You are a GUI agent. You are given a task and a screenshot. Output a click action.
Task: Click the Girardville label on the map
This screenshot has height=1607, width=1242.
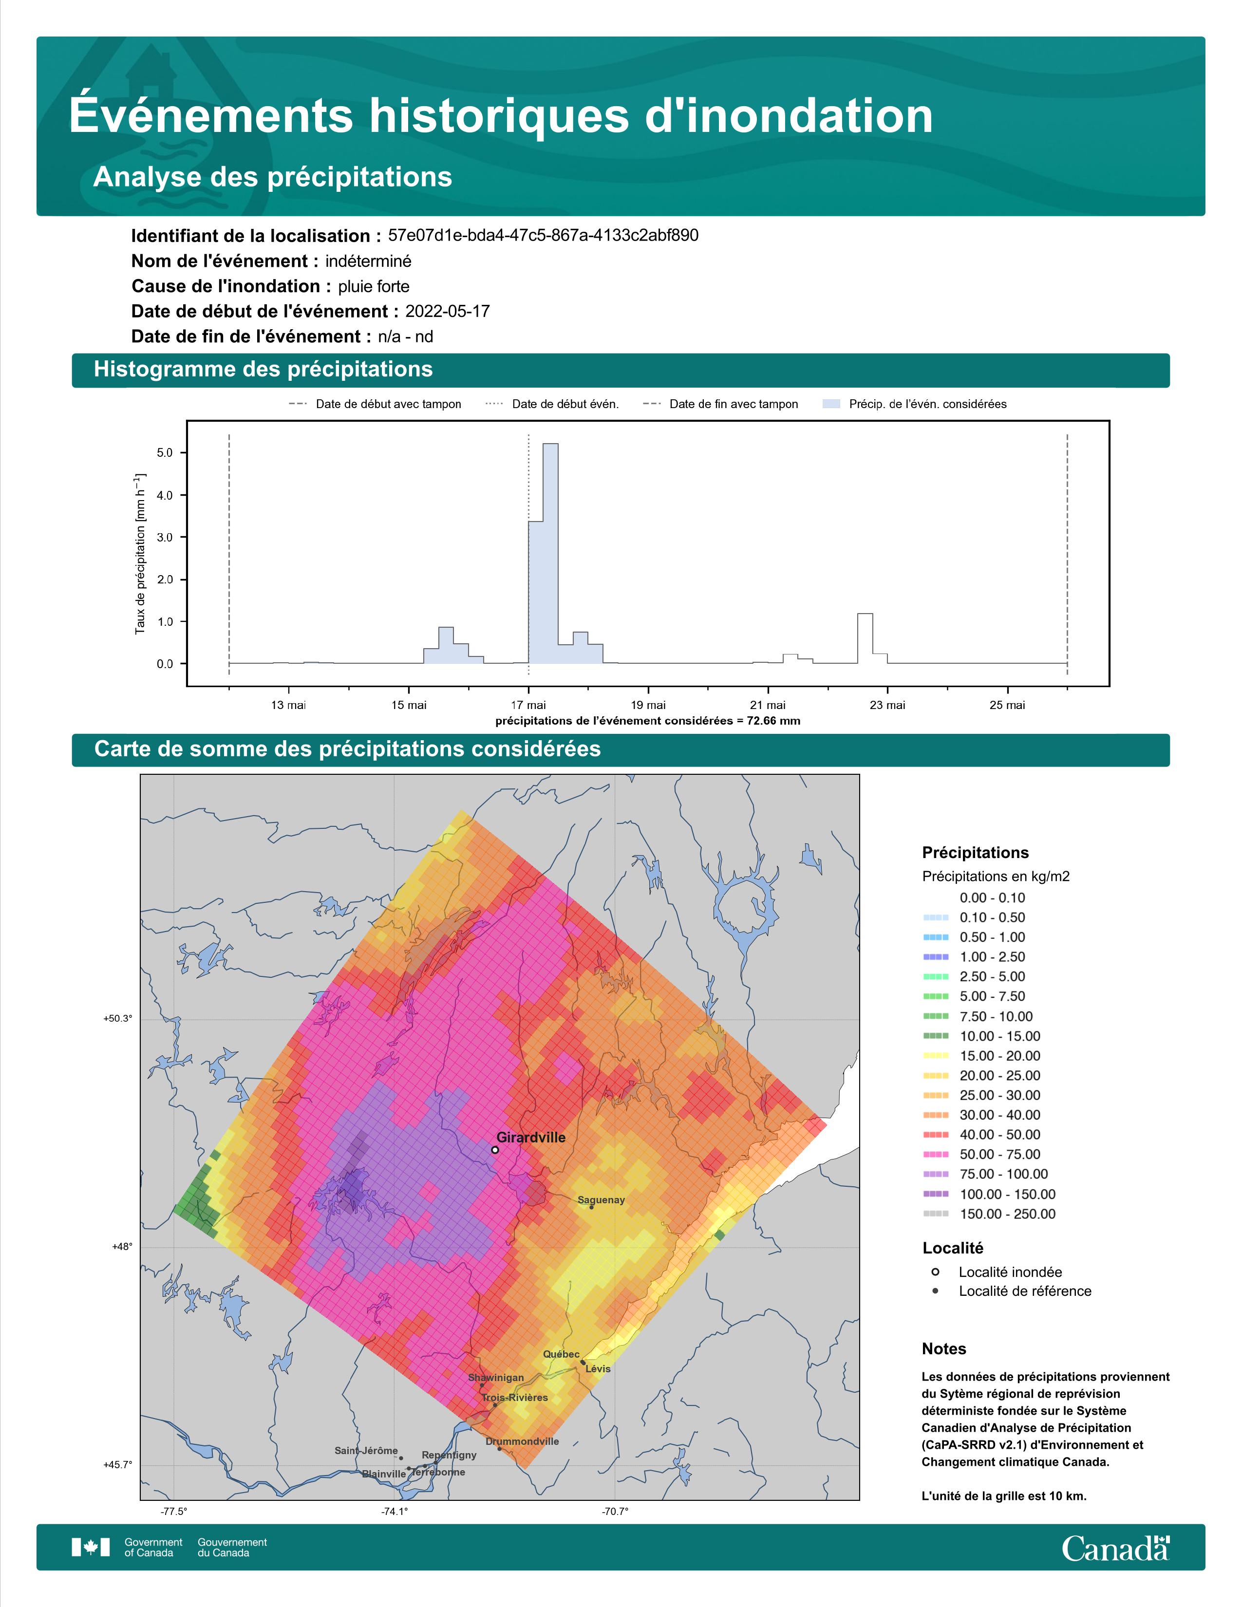click(530, 1137)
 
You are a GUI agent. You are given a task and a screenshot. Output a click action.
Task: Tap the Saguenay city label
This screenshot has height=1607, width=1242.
click(601, 1200)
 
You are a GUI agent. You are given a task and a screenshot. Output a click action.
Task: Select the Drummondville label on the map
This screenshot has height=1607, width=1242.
click(523, 1441)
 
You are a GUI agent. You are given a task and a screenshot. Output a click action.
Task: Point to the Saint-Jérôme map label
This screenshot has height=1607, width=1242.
click(366, 1450)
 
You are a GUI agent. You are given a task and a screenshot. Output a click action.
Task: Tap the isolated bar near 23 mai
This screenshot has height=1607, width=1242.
click(866, 638)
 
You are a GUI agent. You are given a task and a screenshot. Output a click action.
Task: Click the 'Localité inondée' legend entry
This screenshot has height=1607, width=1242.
click(997, 1272)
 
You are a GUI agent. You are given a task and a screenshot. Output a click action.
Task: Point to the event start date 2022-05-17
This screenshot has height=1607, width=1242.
click(447, 311)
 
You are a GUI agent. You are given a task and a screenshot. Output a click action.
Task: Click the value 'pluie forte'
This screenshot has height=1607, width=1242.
click(374, 286)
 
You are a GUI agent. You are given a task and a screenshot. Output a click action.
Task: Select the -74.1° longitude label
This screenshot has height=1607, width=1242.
click(395, 1512)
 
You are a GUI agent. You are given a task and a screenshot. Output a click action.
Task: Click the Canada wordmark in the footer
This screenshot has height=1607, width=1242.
click(1115, 1548)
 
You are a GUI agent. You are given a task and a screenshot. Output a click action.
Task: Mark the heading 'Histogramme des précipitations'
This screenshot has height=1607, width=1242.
click(263, 370)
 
